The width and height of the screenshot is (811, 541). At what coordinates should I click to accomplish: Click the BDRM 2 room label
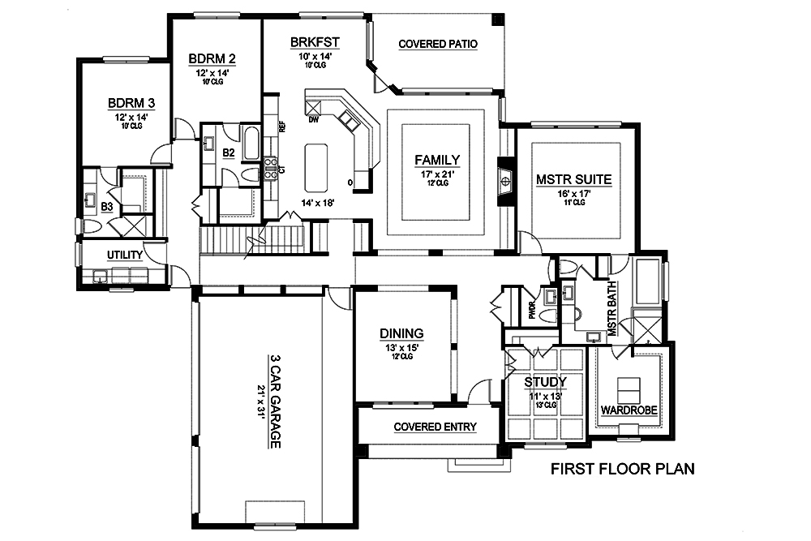[x=212, y=59]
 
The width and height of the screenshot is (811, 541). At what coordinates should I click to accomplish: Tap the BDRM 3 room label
[x=131, y=103]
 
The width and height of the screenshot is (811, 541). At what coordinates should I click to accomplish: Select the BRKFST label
[x=314, y=43]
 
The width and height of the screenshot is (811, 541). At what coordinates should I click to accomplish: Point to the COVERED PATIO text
[x=437, y=44]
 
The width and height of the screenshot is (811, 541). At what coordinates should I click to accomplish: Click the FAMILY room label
[x=437, y=160]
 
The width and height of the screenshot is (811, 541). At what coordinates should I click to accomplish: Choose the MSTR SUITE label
[x=573, y=179]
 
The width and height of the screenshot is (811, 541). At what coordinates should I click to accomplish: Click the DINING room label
[x=402, y=333]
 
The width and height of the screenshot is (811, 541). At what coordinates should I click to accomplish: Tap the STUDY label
[x=544, y=381]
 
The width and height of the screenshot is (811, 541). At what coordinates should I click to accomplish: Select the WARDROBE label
[x=629, y=410]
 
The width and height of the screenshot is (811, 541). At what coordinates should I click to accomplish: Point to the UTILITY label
[x=125, y=255]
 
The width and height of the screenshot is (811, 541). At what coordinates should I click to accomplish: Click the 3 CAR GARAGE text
[x=276, y=401]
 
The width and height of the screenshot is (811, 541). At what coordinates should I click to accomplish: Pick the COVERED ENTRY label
[x=435, y=427]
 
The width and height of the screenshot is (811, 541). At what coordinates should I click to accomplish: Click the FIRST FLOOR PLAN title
[x=622, y=469]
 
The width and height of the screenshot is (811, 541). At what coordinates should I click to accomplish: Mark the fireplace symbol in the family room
[x=504, y=180]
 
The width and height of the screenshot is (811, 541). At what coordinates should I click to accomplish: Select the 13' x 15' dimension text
[x=402, y=346]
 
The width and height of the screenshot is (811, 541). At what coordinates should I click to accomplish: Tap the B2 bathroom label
[x=229, y=152]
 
